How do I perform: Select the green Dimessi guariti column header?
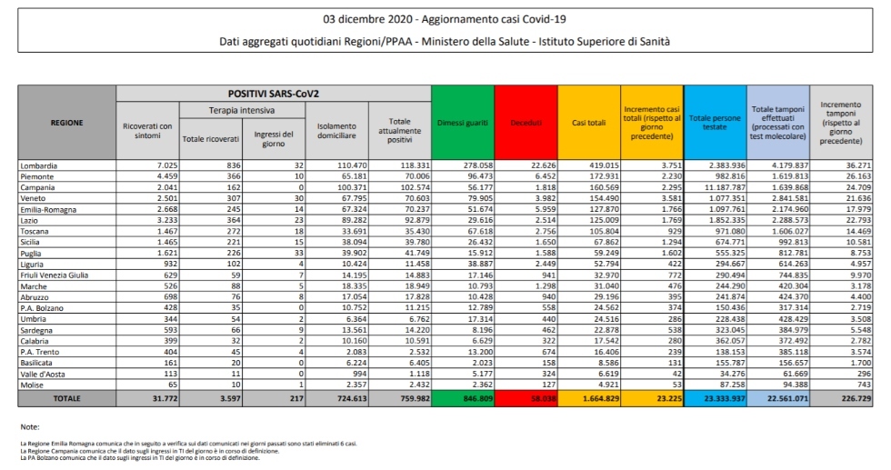(462, 122)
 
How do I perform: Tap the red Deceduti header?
(526, 122)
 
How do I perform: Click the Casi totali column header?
(589, 122)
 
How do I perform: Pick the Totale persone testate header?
(714, 122)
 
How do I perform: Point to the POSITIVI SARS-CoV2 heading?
(273, 94)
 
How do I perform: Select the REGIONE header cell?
(66, 122)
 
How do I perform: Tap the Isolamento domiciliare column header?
(336, 131)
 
